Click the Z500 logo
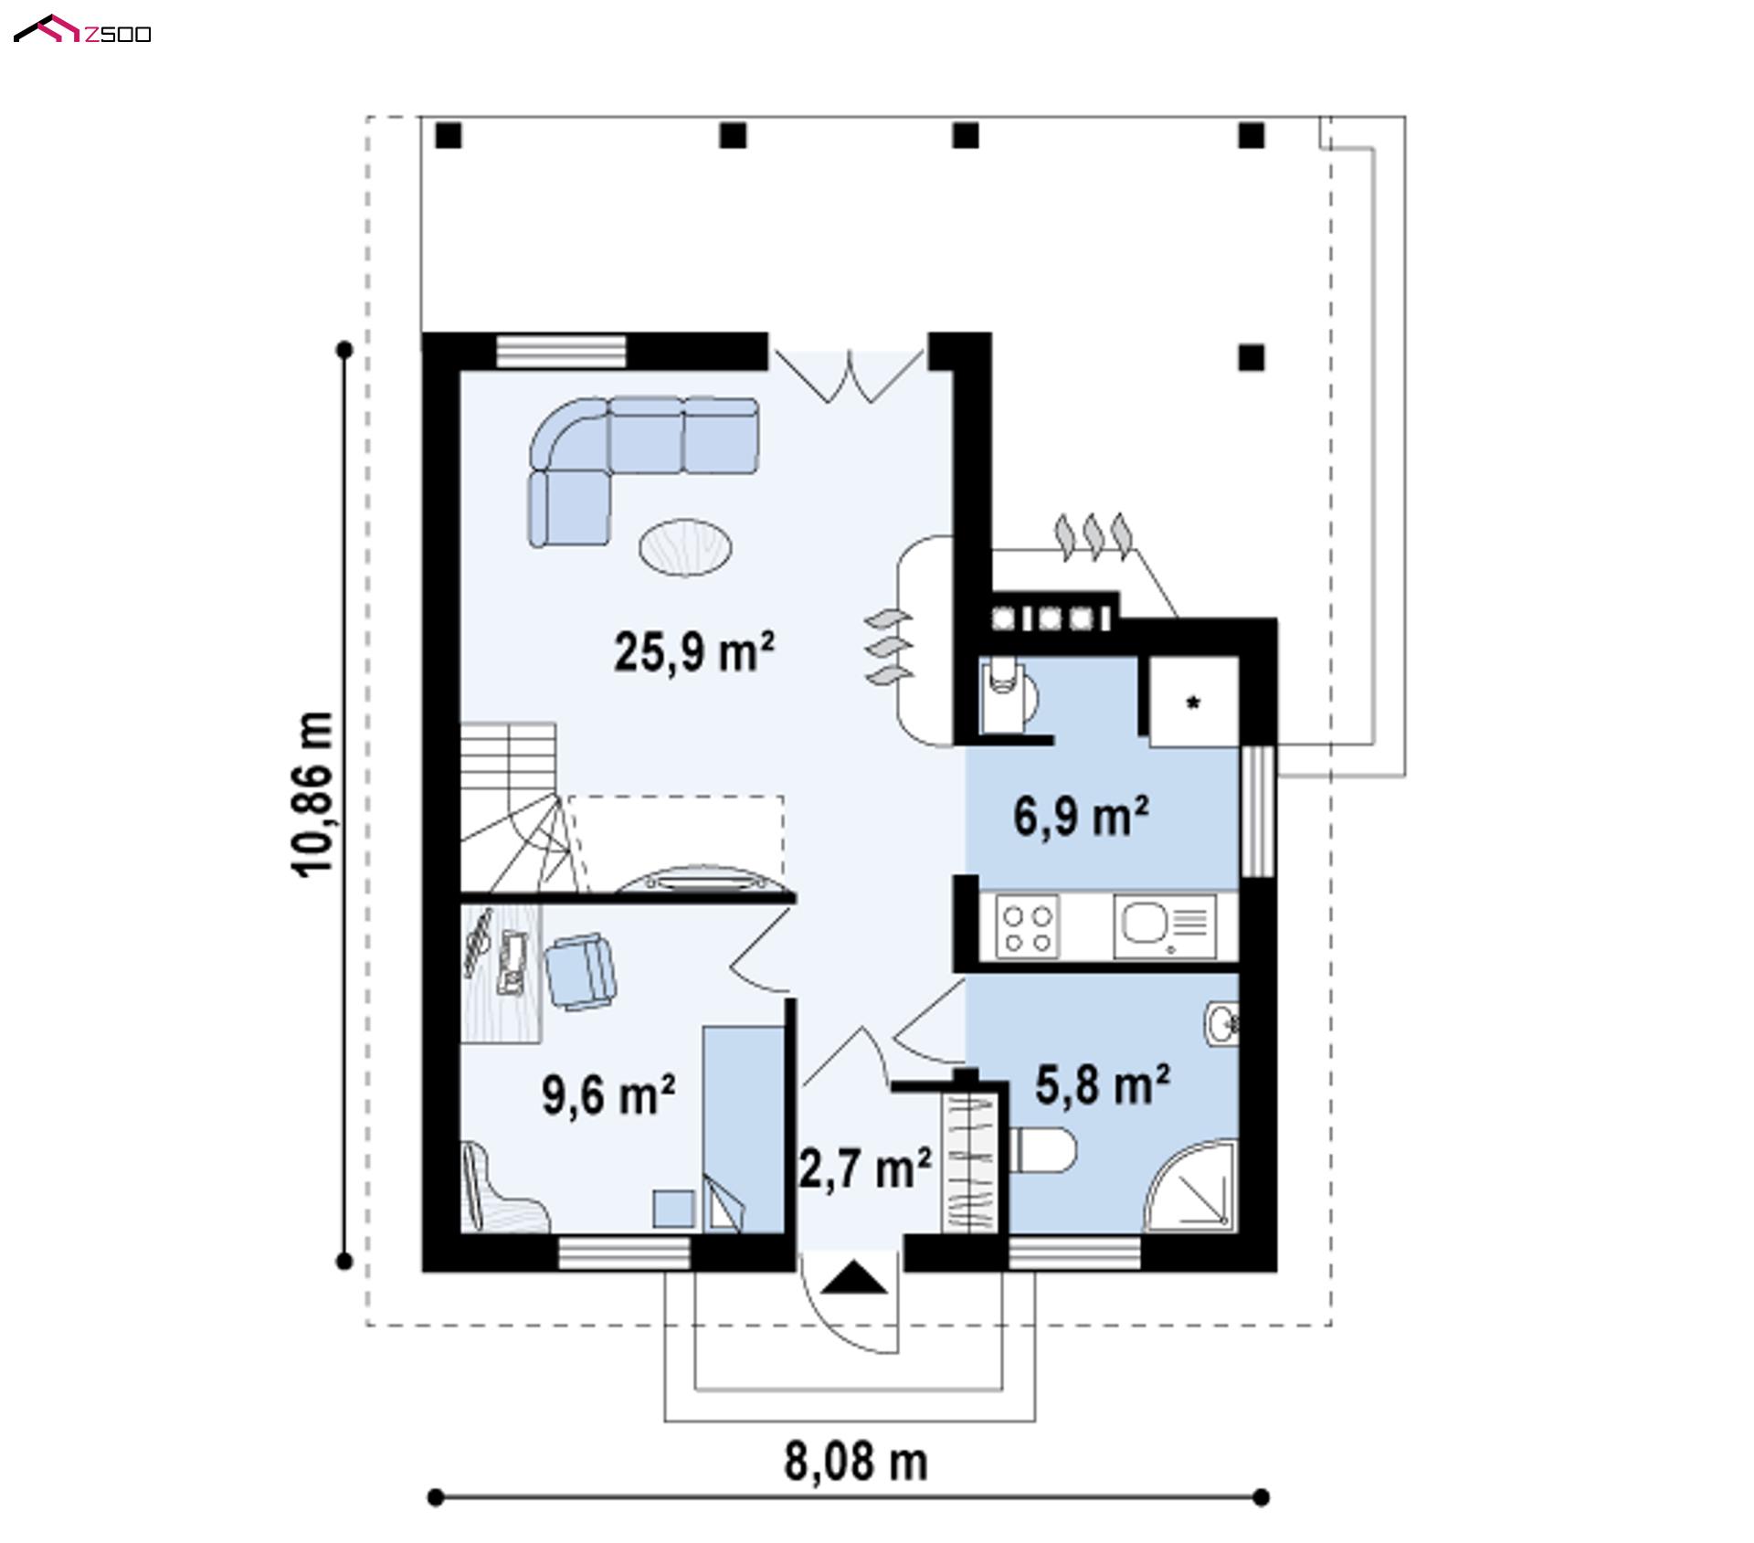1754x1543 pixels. click(x=82, y=30)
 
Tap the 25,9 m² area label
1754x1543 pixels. click(x=694, y=652)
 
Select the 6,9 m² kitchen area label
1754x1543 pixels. click(x=1081, y=816)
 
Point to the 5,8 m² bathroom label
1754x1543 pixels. click(x=1103, y=1084)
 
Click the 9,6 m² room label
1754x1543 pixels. click(x=608, y=1094)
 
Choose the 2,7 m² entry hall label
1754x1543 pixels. click(x=865, y=1168)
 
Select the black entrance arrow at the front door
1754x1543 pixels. click(x=854, y=1277)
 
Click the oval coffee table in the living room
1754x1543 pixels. click(x=684, y=547)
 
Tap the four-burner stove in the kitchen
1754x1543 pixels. click(x=1028, y=926)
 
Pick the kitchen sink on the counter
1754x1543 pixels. click(x=1165, y=926)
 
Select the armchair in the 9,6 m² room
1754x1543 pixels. click(x=580, y=971)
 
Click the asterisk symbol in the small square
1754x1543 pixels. click(x=1193, y=703)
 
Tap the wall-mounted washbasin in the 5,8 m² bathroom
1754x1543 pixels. click(x=1221, y=1022)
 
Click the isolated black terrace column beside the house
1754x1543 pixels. click(x=1252, y=357)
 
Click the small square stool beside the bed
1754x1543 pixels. click(x=674, y=1208)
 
